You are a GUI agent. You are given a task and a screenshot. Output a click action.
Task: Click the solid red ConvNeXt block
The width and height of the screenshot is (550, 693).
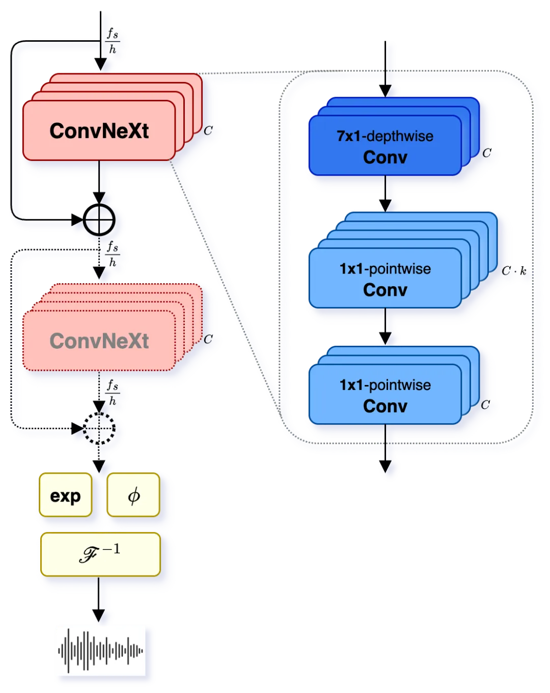99,130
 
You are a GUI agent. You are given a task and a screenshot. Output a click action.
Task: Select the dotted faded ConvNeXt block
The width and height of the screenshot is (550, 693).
99,340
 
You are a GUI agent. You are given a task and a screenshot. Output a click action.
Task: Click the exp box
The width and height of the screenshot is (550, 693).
65,495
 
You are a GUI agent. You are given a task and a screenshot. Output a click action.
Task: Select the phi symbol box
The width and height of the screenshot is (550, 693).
133,495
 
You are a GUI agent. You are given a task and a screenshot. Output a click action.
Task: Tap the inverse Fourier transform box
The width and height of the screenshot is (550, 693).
100,555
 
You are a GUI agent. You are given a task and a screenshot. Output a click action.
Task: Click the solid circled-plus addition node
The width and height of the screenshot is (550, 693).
99,220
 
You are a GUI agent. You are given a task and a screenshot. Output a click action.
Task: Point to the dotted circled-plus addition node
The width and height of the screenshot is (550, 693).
99,428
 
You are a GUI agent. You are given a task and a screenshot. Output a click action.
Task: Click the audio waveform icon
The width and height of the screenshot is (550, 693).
101,651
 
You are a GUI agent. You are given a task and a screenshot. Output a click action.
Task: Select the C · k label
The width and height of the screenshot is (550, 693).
514,271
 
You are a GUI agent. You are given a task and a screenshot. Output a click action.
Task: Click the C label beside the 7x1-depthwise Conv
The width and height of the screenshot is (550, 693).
487,153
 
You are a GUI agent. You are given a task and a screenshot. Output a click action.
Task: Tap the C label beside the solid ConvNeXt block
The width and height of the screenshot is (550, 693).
208,130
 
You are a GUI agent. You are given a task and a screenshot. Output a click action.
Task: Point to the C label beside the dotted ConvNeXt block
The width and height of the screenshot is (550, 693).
208,339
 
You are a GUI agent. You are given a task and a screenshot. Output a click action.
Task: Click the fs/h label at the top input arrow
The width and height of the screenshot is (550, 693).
113,41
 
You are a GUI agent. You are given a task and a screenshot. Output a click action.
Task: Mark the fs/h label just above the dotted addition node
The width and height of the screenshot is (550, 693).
113,393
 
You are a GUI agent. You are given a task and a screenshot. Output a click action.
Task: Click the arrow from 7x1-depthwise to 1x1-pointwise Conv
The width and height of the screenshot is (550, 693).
386,193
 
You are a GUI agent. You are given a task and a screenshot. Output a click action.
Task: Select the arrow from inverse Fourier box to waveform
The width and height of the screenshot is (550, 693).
99,599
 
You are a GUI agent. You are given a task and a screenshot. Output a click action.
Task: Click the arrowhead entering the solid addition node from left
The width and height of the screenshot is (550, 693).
77,220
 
